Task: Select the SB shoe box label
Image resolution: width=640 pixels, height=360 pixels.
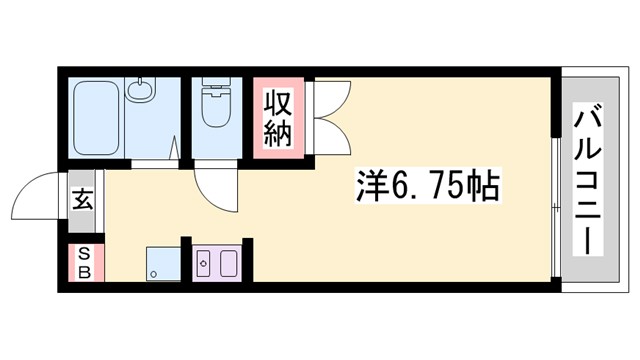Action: pyautogui.click(x=84, y=263)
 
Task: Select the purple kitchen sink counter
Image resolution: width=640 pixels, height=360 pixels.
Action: pyautogui.click(x=216, y=263)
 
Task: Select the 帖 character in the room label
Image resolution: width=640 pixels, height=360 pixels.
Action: pyautogui.click(x=482, y=186)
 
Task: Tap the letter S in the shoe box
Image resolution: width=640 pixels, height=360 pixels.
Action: pyautogui.click(x=84, y=253)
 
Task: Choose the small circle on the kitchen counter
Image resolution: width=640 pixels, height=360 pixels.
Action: pyautogui.click(x=203, y=264)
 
